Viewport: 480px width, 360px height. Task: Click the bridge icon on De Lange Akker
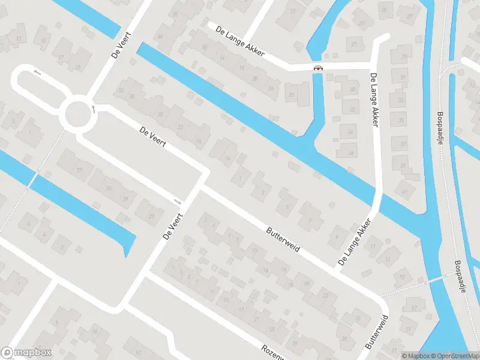tap(319, 68)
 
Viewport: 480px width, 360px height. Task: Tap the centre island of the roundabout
tap(78, 114)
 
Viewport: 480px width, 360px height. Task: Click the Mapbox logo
tap(26, 353)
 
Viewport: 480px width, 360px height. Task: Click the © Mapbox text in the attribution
tap(415, 355)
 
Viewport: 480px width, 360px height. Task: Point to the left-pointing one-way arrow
tap(37, 73)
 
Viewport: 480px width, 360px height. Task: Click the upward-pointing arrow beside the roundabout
tap(93, 109)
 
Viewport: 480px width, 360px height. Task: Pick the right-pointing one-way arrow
tap(177, 200)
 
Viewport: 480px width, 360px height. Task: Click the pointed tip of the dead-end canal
tap(127, 254)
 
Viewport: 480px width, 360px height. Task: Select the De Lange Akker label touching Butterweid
tap(354, 243)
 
